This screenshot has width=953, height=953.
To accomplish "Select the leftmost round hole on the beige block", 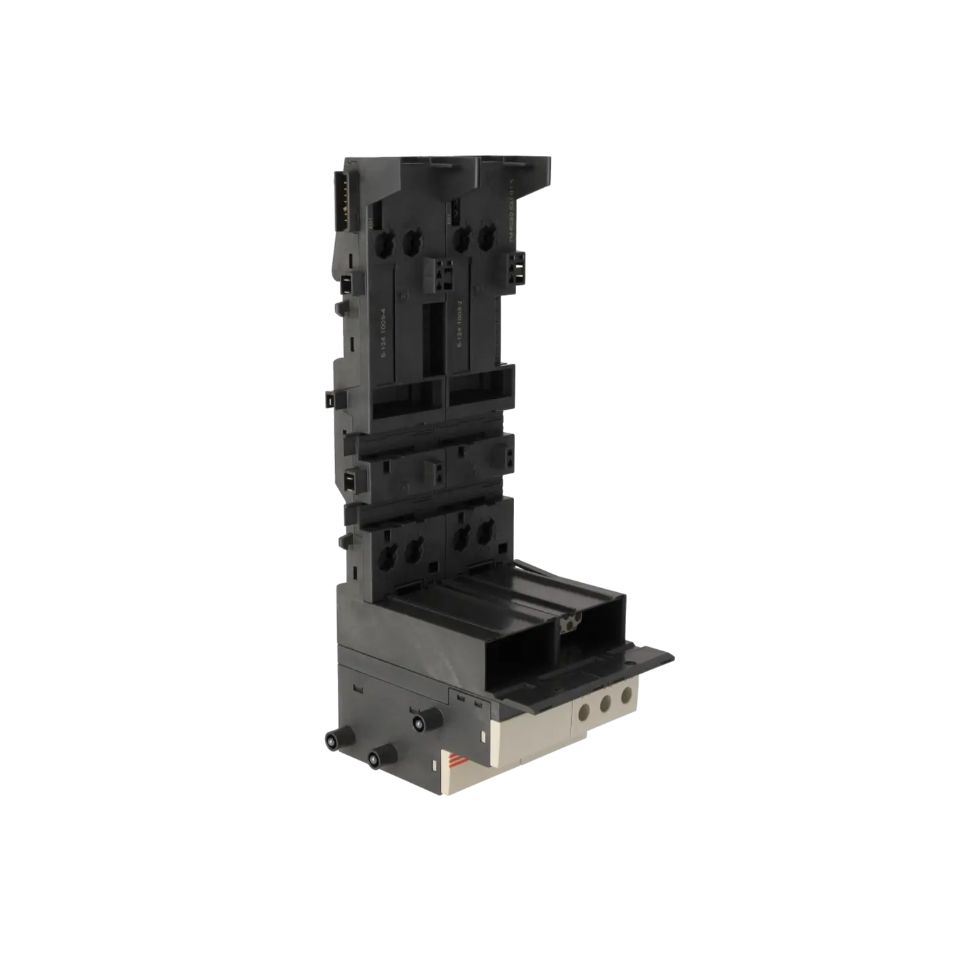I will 584,712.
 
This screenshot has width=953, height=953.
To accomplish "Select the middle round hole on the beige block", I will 605,703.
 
